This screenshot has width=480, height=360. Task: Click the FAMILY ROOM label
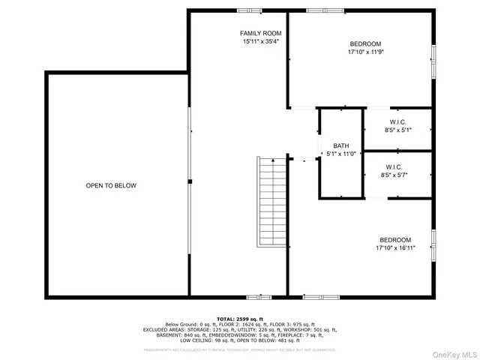[260, 34]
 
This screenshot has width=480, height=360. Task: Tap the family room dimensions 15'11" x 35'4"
[260, 43]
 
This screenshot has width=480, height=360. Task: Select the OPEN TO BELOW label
[111, 185]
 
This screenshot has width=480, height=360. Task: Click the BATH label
[341, 145]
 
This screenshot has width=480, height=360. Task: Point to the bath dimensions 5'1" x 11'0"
[341, 154]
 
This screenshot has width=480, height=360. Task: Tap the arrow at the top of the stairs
[273, 160]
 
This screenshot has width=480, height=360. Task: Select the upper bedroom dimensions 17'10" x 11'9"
[365, 53]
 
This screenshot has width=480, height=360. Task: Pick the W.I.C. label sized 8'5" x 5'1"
[397, 121]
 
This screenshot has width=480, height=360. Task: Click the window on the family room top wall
[249, 10]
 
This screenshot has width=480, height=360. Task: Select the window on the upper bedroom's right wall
[433, 60]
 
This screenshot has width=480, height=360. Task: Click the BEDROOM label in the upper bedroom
[365, 44]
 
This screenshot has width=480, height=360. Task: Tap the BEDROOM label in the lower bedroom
[394, 239]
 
